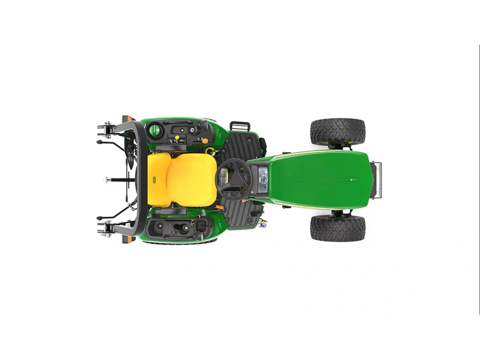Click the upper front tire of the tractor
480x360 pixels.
[337, 131]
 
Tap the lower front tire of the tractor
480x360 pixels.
[337, 228]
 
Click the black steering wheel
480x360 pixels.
[234, 179]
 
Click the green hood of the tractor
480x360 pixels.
[319, 180]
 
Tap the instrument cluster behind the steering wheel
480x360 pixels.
[262, 179]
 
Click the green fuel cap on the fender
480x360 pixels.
[155, 130]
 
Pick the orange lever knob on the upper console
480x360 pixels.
[205, 141]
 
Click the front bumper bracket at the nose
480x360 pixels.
[378, 180]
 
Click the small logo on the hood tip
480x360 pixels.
[353, 180]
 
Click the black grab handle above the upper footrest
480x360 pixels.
[240, 126]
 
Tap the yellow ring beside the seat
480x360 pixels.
[210, 151]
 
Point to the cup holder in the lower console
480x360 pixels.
[184, 228]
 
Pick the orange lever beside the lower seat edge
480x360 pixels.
[221, 207]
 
